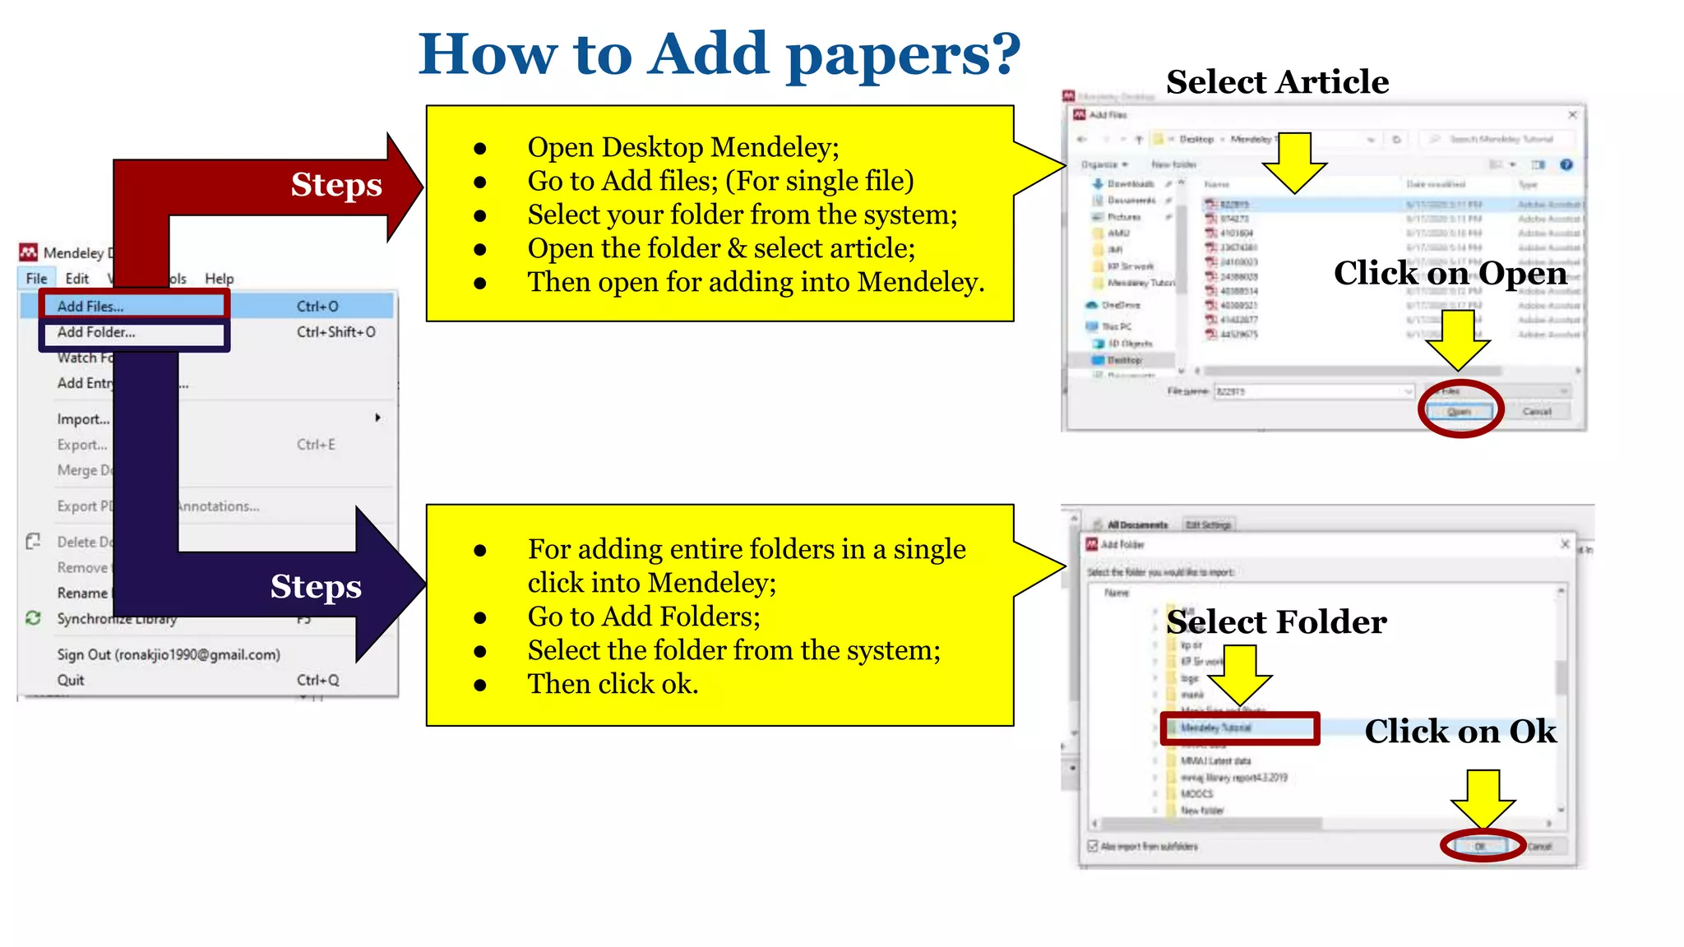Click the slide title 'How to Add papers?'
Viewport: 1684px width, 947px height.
coord(719,54)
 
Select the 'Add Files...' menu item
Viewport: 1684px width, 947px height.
coord(90,306)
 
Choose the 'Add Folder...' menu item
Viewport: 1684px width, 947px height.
coord(96,332)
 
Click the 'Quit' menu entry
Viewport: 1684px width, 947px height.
coord(71,680)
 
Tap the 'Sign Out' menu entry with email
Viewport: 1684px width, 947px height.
coord(169,654)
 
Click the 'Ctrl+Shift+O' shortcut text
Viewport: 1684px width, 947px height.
coord(336,332)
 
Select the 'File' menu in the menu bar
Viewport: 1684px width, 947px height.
coord(36,279)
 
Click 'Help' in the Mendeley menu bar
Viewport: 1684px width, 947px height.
coord(219,279)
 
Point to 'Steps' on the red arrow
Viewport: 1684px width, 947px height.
coord(336,185)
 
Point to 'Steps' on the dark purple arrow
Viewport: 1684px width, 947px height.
coord(316,587)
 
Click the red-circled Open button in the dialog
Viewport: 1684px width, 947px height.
coord(1460,411)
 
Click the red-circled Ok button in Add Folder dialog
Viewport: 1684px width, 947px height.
coord(1480,846)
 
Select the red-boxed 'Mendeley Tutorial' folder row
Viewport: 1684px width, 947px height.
coord(1239,728)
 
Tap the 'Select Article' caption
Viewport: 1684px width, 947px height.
coord(1277,82)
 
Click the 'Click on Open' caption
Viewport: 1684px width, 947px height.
coord(1450,273)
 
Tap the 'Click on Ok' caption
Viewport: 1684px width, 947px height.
coord(1460,731)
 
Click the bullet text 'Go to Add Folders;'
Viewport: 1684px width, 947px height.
coord(644,617)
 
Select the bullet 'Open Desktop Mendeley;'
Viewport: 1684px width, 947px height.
coord(682,147)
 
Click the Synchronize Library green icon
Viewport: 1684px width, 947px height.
coord(34,618)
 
